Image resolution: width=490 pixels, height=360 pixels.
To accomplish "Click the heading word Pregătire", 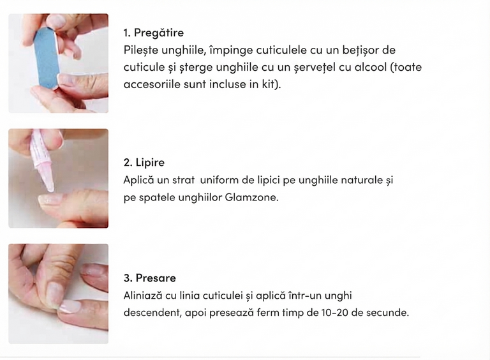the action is [x=159, y=33].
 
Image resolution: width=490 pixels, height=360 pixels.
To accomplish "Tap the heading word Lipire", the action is [x=150, y=163].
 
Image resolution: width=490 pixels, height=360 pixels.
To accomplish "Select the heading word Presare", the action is [x=156, y=278].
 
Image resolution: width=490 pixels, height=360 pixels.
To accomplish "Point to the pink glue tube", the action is [x=41, y=160].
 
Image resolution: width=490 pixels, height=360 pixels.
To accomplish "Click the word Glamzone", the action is [x=251, y=197].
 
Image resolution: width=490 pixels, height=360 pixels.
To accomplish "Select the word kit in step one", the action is [x=269, y=84].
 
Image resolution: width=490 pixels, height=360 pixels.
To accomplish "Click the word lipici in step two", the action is [x=269, y=180].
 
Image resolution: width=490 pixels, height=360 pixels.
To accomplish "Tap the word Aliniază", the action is [x=143, y=296].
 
